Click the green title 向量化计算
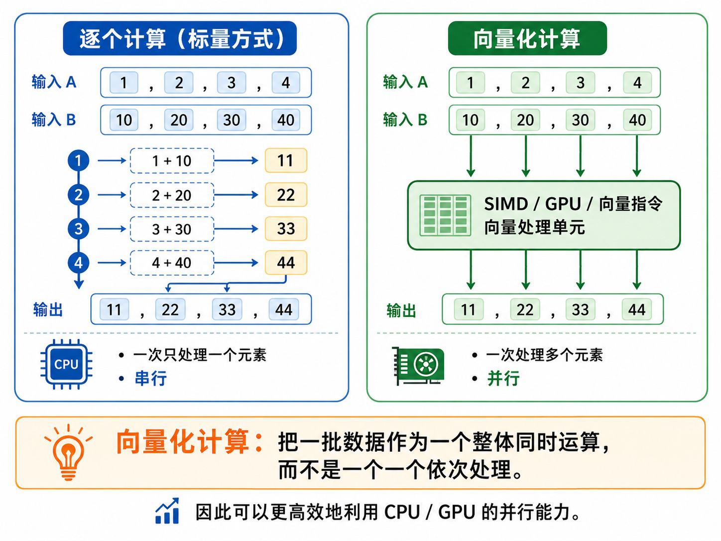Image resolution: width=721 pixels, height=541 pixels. click(527, 38)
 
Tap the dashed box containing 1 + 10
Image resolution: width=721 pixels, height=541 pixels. click(172, 160)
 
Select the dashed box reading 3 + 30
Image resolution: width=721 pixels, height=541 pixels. click(172, 229)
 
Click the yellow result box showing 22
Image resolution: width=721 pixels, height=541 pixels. click(286, 195)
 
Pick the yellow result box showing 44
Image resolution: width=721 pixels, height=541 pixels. click(286, 263)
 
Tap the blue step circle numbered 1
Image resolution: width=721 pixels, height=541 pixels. click(79, 160)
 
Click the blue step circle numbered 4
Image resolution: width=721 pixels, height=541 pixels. click(79, 263)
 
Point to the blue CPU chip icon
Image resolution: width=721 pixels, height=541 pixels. click(66, 364)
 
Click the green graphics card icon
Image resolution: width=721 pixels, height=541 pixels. click(418, 365)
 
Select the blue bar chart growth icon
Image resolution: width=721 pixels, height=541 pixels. click(167, 511)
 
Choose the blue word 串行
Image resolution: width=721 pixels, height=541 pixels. click(151, 378)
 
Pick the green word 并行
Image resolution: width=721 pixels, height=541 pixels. click(503, 378)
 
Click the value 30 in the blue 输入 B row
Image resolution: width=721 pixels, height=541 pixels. click(232, 120)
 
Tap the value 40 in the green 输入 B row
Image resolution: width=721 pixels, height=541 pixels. click(637, 120)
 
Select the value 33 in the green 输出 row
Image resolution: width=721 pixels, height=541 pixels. click(581, 310)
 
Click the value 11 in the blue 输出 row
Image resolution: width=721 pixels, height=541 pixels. click(114, 310)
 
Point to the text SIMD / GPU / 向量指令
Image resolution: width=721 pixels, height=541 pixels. click(573, 204)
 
